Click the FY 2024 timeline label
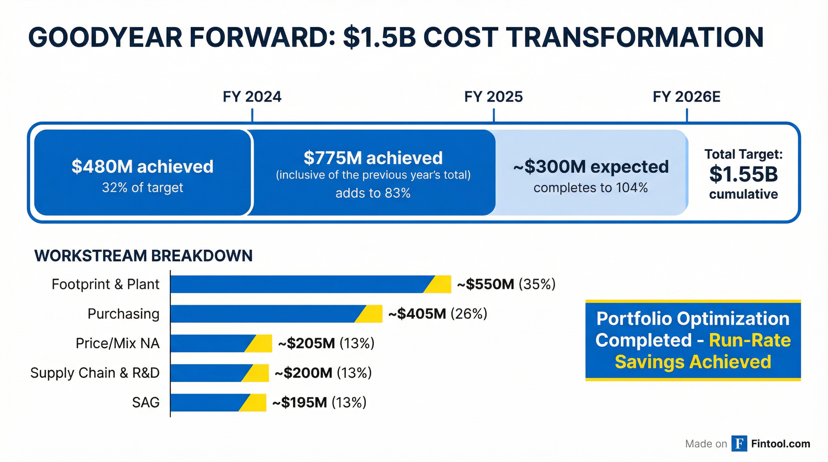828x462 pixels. pos(252,97)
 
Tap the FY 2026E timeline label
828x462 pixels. pos(687,97)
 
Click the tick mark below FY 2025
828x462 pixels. pos(494,115)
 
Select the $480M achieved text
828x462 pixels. pos(142,166)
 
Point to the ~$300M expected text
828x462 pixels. pos(591,166)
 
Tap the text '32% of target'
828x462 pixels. pos(142,188)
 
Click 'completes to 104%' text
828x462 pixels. pos(591,188)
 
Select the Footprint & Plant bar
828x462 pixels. pos(299,284)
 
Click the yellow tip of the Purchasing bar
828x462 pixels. pos(371,314)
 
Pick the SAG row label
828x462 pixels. pos(146,402)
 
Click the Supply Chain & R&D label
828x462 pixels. pos(95,373)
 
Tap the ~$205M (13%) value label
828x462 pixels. pos(326,343)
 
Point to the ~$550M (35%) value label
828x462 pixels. pos(506,284)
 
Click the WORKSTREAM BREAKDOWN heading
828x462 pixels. pos(143,256)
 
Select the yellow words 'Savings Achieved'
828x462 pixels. pos(693,362)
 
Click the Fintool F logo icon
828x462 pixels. pos(739,444)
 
